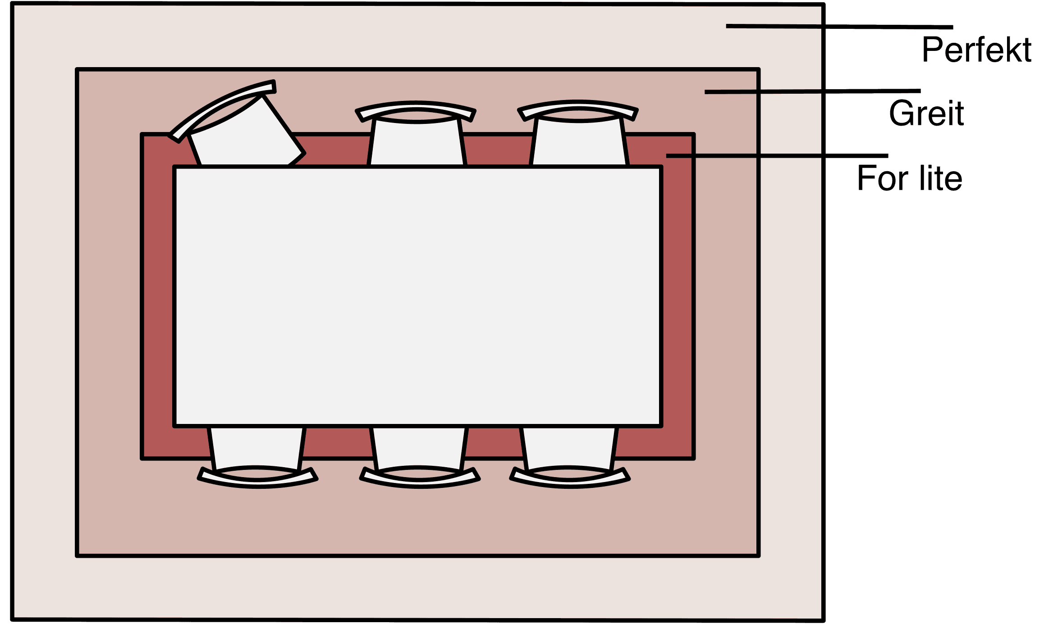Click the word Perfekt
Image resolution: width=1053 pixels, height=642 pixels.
pos(976,50)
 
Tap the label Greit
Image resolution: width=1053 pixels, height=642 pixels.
pos(926,114)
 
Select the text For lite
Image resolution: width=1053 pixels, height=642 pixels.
pos(909,178)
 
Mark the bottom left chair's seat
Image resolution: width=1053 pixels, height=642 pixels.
pos(256,446)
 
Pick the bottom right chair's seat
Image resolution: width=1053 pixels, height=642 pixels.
pos(569,446)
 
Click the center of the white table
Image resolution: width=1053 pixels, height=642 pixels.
pos(417,296)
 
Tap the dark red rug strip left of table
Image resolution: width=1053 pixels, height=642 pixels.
pos(158,296)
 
